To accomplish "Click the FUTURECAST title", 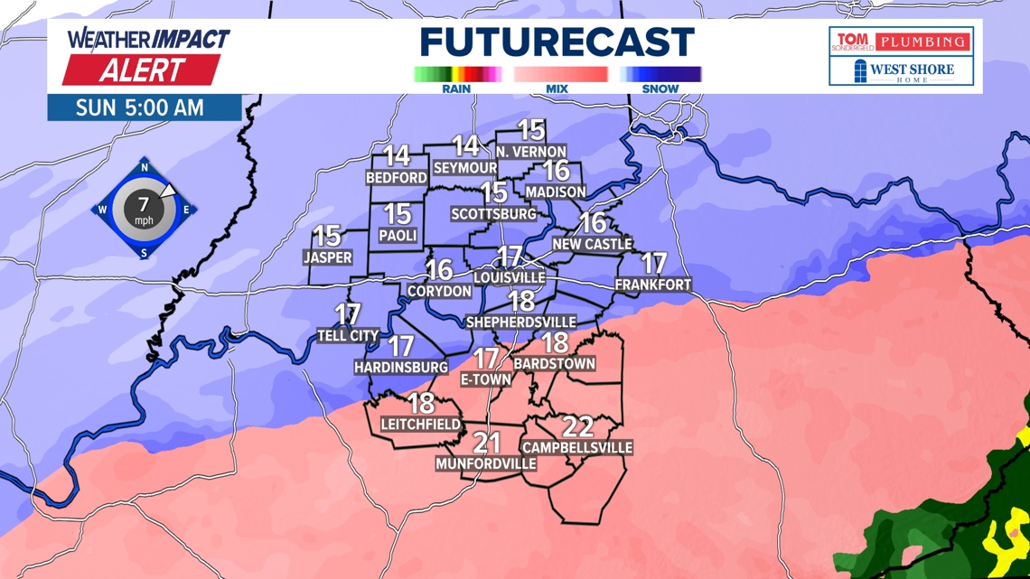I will tap(557, 42).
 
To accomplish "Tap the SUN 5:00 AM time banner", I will tap(140, 107).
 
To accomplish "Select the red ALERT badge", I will tap(142, 70).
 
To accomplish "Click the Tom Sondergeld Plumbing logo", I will tap(901, 42).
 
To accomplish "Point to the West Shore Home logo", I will tap(901, 70).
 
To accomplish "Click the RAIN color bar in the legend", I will tap(457, 74).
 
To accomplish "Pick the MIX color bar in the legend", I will tap(560, 74).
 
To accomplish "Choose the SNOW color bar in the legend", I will tap(660, 74).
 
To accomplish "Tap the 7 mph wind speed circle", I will tap(144, 210).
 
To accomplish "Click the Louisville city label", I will tap(510, 276).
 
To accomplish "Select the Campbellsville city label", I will tap(577, 447).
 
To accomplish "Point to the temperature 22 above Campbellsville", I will tap(577, 426).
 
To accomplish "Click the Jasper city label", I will tap(327, 257).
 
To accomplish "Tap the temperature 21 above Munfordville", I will tap(487, 443).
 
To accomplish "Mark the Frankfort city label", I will tap(652, 285).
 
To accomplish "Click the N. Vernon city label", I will tap(531, 152).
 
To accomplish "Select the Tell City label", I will tap(348, 335).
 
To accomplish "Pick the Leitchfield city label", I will tap(421, 424).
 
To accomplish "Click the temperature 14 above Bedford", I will tap(397, 156).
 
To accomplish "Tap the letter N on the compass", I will tap(145, 167).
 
